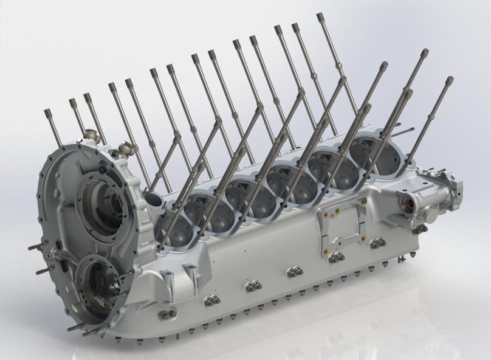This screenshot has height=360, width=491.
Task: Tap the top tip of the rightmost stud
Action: pyautogui.click(x=450, y=80)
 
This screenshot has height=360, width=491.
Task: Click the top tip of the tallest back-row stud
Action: pyautogui.click(x=320, y=17)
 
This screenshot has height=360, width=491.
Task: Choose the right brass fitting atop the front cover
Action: pyautogui.click(x=127, y=146)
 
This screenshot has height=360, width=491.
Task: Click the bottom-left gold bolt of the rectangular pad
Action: pyautogui.click(x=326, y=250)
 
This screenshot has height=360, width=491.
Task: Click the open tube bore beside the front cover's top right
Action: pyautogui.click(x=150, y=200)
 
